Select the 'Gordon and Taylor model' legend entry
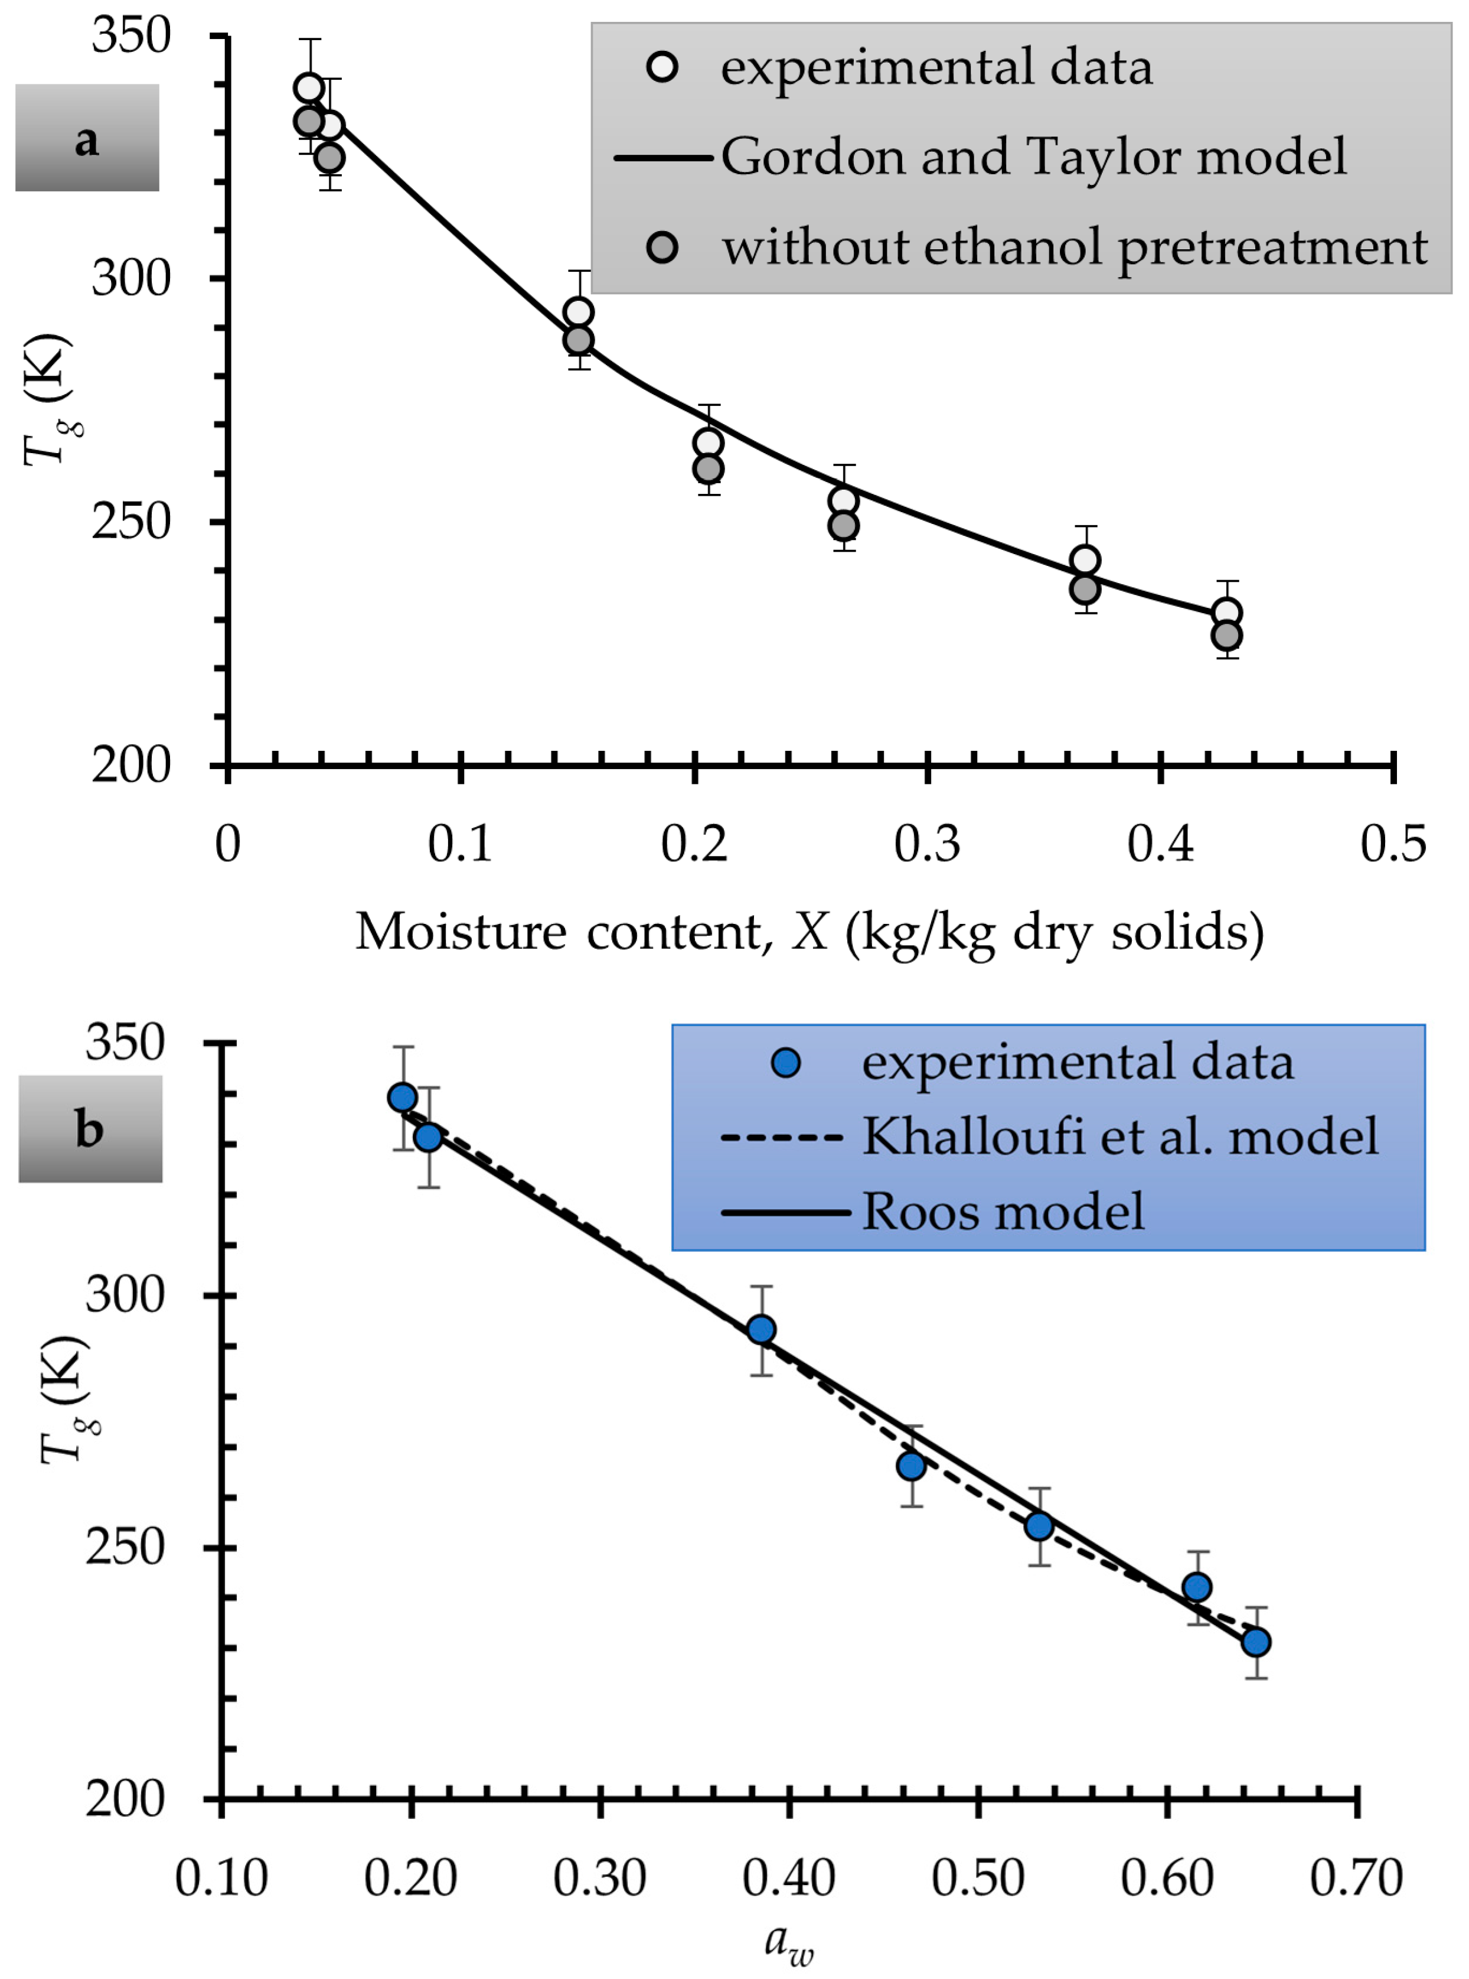click(x=1033, y=157)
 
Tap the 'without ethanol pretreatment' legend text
click(x=1074, y=248)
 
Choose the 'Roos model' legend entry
click(x=1003, y=1210)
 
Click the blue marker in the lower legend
click(x=786, y=1062)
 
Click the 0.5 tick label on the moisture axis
click(x=1392, y=843)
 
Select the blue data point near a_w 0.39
click(x=761, y=1330)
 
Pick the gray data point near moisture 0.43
click(x=1227, y=636)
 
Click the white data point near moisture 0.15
click(x=579, y=312)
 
